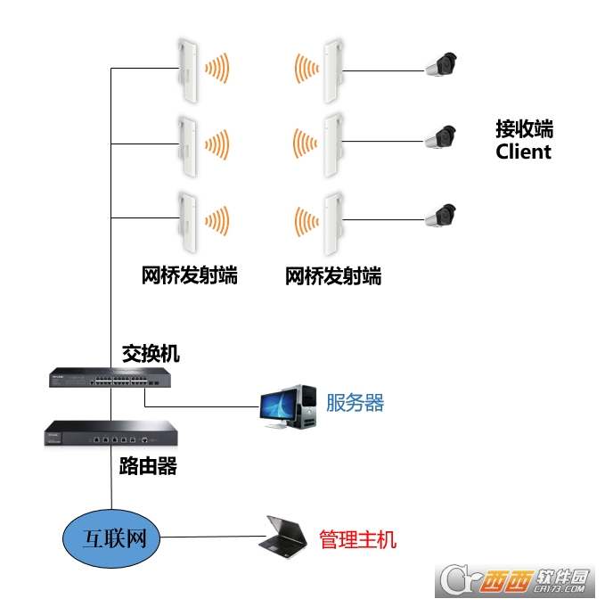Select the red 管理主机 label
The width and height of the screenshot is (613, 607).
click(x=357, y=539)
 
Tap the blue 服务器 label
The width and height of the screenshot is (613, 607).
click(x=355, y=403)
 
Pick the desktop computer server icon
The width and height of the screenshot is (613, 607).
click(x=287, y=407)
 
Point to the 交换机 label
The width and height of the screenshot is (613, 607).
click(x=151, y=354)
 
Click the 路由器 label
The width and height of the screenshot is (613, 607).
click(x=148, y=465)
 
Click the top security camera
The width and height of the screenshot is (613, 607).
click(x=440, y=65)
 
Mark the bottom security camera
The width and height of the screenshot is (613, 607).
click(x=440, y=214)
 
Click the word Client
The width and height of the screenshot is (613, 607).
click(x=523, y=152)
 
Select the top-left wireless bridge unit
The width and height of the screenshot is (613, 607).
click(x=187, y=69)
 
